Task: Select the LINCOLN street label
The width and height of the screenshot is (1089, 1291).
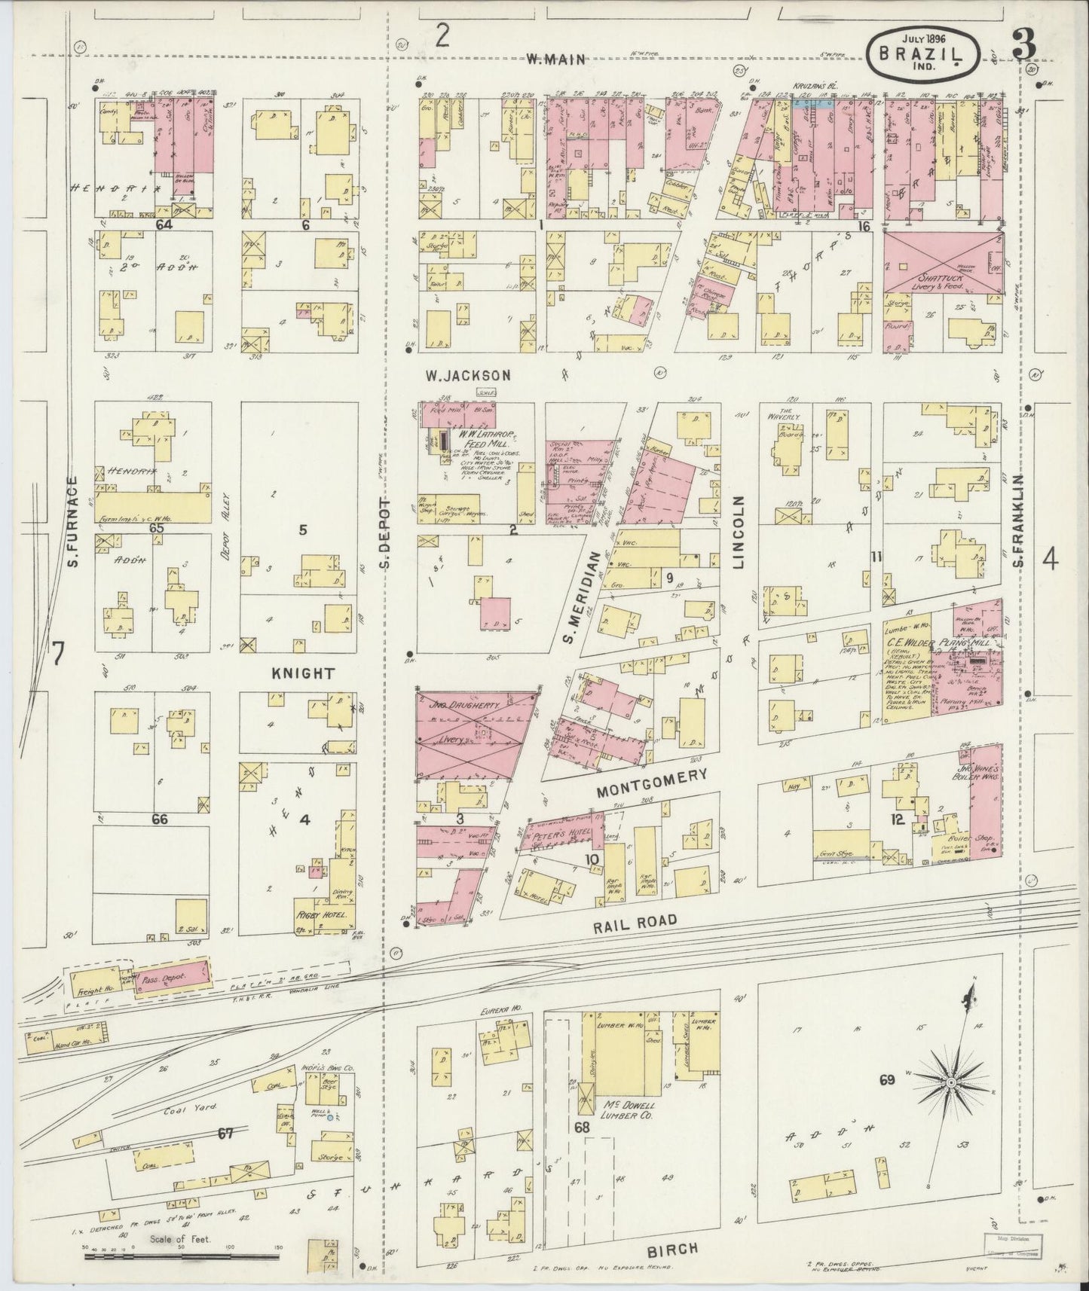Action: click(739, 532)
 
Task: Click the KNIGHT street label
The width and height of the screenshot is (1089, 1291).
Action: click(304, 673)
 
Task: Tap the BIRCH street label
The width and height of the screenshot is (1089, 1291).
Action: click(672, 1249)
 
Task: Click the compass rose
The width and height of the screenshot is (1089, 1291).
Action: click(951, 1082)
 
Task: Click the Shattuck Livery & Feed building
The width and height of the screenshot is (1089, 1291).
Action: click(941, 262)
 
